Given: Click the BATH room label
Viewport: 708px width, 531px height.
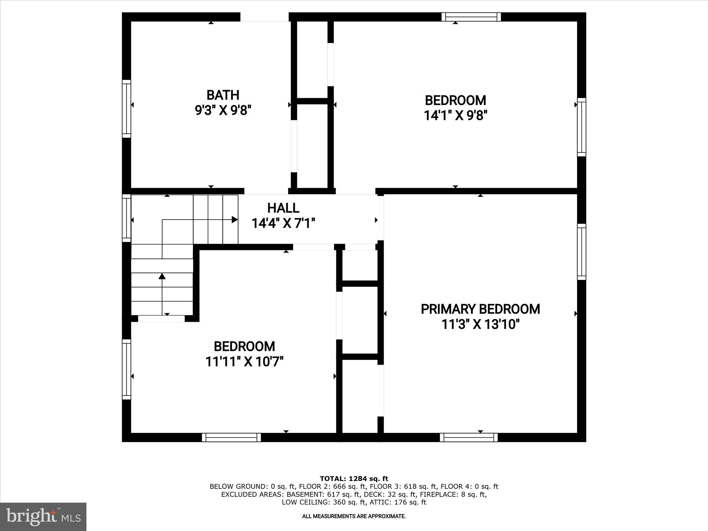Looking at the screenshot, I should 223,95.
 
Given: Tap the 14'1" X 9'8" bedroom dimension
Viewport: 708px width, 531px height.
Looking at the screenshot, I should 455,115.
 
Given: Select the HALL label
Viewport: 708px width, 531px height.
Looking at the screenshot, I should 283,208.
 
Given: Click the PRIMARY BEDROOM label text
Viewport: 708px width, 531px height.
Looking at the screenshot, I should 480,309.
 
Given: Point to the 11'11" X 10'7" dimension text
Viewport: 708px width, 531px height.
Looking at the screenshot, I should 244,362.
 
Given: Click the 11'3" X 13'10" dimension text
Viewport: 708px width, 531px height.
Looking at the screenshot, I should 480,325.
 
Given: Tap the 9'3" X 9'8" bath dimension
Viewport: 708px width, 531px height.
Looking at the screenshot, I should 223,111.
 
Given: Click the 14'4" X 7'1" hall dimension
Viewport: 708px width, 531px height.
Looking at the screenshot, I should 283,223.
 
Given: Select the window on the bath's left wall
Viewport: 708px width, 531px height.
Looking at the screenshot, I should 127,109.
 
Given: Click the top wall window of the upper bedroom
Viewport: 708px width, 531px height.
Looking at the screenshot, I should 471,17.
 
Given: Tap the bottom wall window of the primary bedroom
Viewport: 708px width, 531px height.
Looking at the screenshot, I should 469,438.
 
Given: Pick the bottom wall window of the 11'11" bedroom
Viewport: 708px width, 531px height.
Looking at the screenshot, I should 231,438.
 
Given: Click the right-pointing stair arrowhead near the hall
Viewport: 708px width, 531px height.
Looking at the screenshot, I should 235,220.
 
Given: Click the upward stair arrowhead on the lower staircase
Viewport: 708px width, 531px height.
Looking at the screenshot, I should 162,276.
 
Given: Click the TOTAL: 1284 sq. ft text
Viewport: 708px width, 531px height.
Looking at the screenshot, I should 354,479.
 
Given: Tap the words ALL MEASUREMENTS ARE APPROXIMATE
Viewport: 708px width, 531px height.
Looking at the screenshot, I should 354,516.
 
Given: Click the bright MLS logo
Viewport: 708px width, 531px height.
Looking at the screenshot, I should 43,516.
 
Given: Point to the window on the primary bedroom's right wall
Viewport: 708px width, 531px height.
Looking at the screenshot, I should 582,252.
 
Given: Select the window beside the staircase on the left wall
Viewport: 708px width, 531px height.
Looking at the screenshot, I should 127,218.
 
